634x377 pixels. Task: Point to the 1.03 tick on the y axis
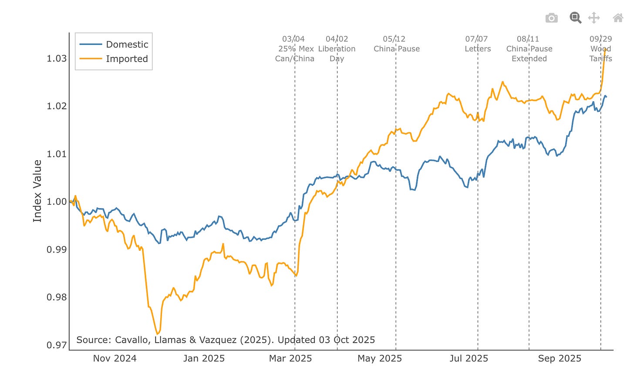[x=57, y=58]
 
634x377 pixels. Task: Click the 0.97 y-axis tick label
[x=57, y=345]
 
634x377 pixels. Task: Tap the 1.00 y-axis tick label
[x=57, y=202]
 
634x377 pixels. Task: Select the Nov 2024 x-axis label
[x=115, y=358]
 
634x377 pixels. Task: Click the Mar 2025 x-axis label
[x=290, y=358]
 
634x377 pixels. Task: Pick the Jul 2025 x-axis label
[x=469, y=358]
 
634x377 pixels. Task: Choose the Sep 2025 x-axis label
[x=560, y=358]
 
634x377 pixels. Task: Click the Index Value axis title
[x=37, y=191]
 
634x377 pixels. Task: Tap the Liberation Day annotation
[x=337, y=49]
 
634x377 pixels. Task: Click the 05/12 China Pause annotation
[x=396, y=44]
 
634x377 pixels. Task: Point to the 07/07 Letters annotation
[x=477, y=44]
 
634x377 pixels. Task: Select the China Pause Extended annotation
[x=529, y=49]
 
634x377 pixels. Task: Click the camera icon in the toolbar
[x=551, y=18]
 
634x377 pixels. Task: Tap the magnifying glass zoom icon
[x=575, y=17]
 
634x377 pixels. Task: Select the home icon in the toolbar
[x=618, y=18]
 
